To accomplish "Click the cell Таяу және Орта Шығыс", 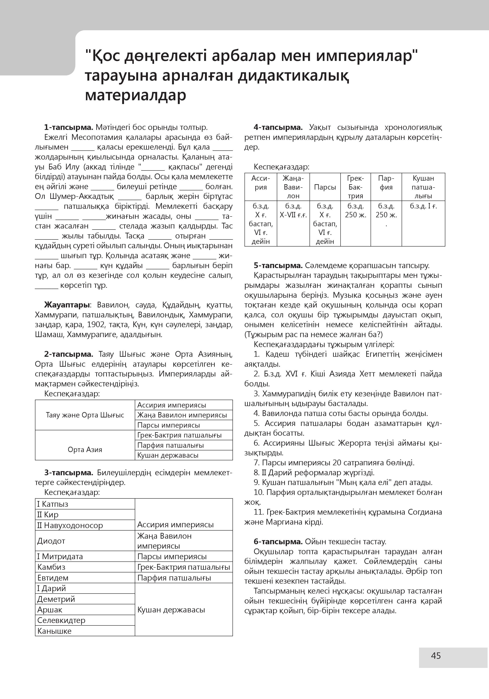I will (x=85, y=415).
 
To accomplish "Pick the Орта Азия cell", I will (x=85, y=449).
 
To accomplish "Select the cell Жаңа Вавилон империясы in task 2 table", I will (x=182, y=415).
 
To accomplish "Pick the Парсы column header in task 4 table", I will (x=325, y=187).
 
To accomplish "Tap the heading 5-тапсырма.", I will (x=278, y=265).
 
